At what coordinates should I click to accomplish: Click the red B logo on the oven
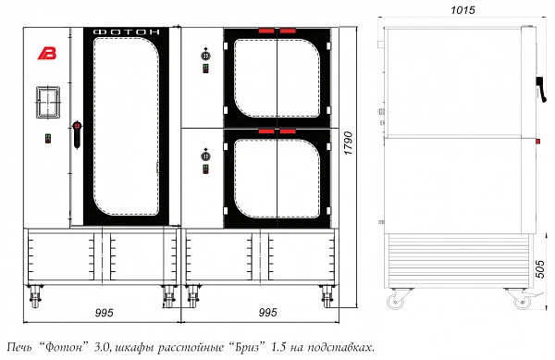(47, 53)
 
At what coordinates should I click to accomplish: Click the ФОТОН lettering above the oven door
(127, 32)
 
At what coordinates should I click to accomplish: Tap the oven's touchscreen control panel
(48, 102)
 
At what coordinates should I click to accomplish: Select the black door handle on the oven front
(77, 134)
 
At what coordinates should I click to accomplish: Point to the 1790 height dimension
(349, 143)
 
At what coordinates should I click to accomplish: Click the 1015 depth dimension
(462, 10)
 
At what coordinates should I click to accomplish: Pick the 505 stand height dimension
(540, 269)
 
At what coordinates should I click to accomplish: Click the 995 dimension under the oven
(104, 313)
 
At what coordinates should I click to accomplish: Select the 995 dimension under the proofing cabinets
(267, 313)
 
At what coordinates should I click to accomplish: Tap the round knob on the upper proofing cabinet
(205, 56)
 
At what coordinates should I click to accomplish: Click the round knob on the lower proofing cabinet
(205, 156)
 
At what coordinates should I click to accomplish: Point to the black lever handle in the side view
(541, 89)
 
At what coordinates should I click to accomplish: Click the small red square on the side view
(537, 142)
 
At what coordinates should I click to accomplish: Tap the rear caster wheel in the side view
(395, 302)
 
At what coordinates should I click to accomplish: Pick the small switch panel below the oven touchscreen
(48, 139)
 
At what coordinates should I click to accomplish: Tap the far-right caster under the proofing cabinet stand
(327, 296)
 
